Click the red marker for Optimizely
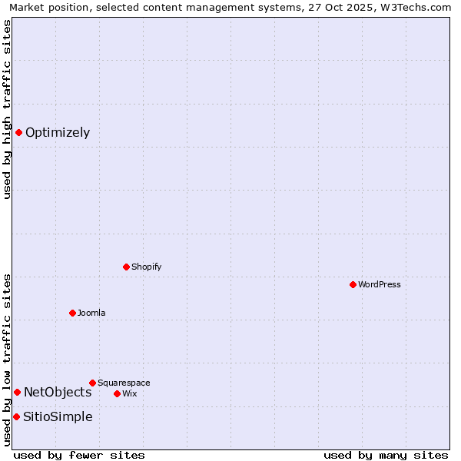point(18,132)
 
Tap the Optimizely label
point(58,133)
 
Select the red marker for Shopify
point(126,267)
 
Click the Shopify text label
point(146,267)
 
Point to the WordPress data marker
point(353,284)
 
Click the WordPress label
point(380,285)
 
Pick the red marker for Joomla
point(72,313)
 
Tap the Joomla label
point(91,313)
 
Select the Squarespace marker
point(92,383)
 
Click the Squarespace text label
point(124,383)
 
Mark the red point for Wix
point(117,393)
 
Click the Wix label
point(129,394)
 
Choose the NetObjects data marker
point(17,392)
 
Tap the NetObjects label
point(58,393)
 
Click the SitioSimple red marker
point(16,416)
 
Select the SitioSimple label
point(58,417)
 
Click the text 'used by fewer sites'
point(79,455)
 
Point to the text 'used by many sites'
point(386,455)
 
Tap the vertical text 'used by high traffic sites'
point(7,109)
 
